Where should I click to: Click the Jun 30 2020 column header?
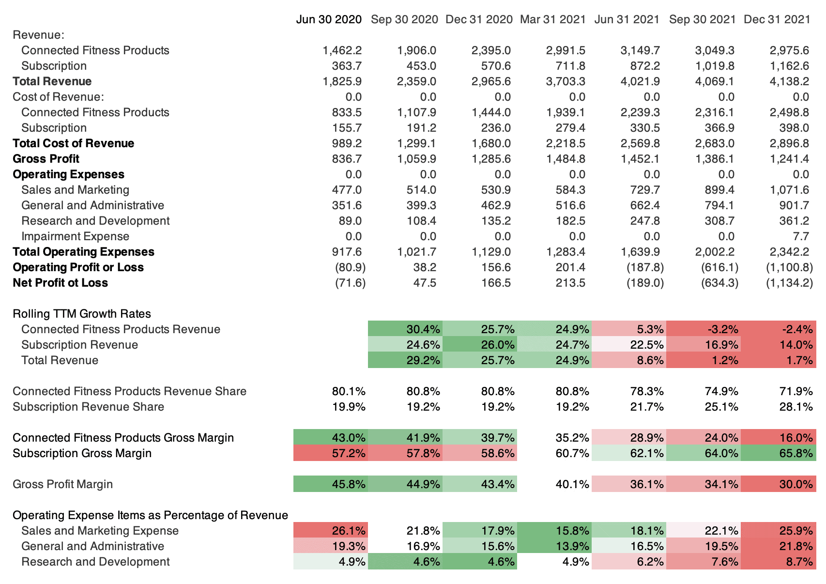click(x=329, y=19)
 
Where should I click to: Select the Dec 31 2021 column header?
click(x=777, y=19)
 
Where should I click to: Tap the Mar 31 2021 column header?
click(x=552, y=19)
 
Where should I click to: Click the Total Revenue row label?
click(x=52, y=81)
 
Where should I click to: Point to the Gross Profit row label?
click(x=46, y=159)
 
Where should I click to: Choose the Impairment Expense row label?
click(x=75, y=236)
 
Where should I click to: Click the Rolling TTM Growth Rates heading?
click(x=82, y=314)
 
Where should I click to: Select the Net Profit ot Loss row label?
click(x=60, y=283)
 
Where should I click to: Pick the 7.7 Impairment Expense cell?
click(x=801, y=236)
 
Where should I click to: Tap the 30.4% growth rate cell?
click(x=423, y=329)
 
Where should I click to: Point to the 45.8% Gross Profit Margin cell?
click(x=349, y=484)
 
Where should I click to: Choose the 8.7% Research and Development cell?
click(x=799, y=562)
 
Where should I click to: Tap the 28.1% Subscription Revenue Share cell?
click(x=796, y=407)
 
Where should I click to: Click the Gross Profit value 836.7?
click(x=347, y=159)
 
